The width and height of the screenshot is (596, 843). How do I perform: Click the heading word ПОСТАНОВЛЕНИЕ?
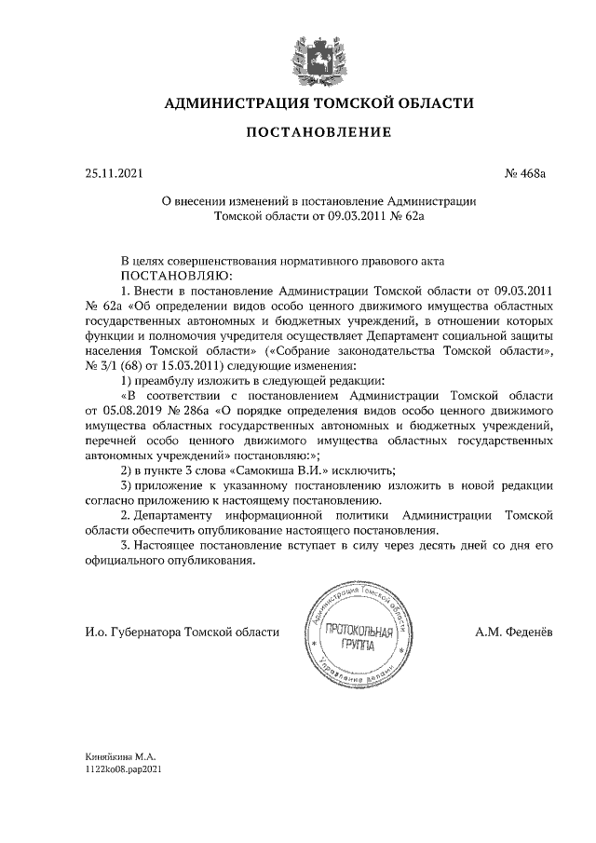318,133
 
